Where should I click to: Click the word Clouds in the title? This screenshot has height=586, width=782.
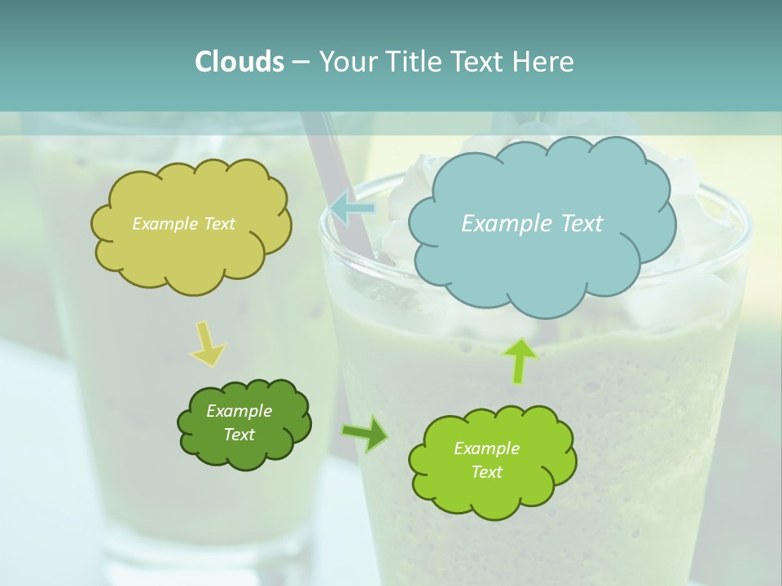pos(239,61)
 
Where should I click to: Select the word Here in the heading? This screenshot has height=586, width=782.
pos(544,61)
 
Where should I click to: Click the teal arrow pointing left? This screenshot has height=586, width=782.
pos(352,208)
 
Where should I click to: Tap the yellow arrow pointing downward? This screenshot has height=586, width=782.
pos(207,344)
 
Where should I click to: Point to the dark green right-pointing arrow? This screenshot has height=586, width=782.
pos(365,433)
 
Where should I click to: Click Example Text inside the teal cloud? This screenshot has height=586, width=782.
pos(532,223)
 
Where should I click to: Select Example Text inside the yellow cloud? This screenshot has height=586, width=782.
pos(183,223)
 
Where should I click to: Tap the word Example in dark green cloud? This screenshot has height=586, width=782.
pos(239,411)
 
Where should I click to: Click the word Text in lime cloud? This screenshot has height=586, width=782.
pos(486,472)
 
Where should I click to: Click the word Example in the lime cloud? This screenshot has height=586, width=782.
pos(486,448)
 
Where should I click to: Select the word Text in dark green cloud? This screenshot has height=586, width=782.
pos(239,435)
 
